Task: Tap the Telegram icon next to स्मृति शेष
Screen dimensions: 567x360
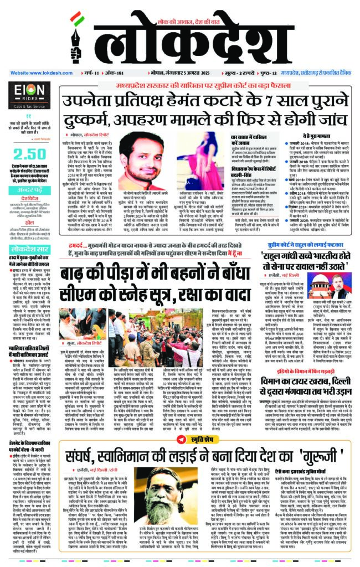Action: point(180,440)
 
